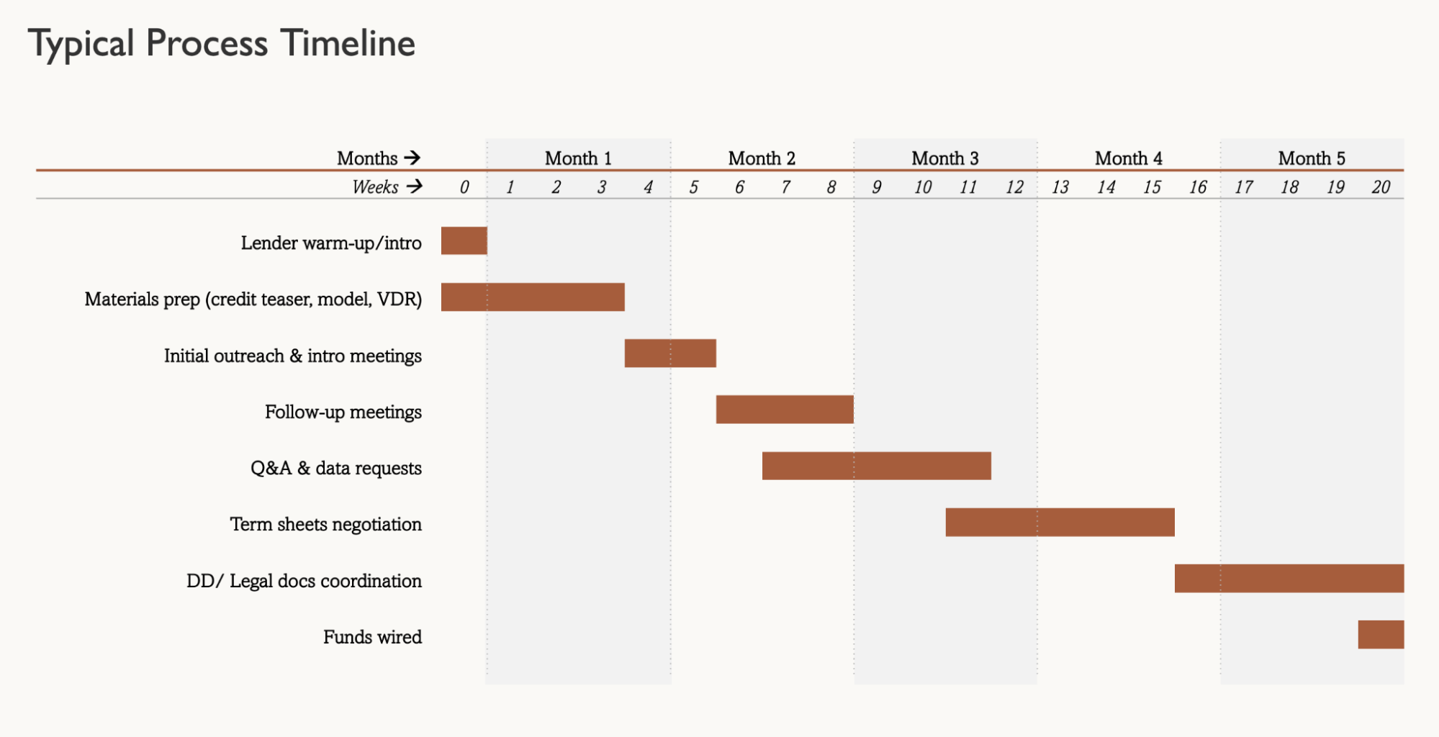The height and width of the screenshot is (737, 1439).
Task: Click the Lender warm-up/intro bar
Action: pos(464,240)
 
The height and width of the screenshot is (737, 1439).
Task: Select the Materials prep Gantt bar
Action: pos(533,297)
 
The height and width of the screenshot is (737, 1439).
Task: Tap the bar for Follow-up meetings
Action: pos(785,410)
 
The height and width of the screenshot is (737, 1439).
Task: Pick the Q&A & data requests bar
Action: pos(876,466)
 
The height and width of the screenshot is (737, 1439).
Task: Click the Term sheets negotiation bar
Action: pos(1060,523)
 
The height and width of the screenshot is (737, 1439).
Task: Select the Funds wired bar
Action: pos(1381,635)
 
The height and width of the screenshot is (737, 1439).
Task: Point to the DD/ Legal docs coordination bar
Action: pos(1289,579)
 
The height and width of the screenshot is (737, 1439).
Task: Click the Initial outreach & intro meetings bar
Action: pos(670,353)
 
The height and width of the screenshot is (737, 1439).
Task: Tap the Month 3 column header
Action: pos(944,158)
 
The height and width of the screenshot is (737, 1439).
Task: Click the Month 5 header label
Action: pos(1311,158)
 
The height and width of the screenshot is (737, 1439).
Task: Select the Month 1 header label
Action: pos(578,158)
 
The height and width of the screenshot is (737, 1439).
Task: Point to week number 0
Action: pos(464,188)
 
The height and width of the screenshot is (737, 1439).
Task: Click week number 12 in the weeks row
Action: pos(1014,188)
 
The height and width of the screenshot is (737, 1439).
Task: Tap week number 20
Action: pos(1381,188)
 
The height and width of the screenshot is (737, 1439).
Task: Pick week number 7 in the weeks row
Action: pos(785,188)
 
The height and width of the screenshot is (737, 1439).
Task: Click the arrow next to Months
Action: pos(412,158)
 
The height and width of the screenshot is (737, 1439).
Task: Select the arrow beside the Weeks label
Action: pos(415,187)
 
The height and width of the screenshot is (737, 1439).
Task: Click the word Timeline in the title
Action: pos(348,43)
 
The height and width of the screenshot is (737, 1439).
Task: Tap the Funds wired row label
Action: pos(372,637)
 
